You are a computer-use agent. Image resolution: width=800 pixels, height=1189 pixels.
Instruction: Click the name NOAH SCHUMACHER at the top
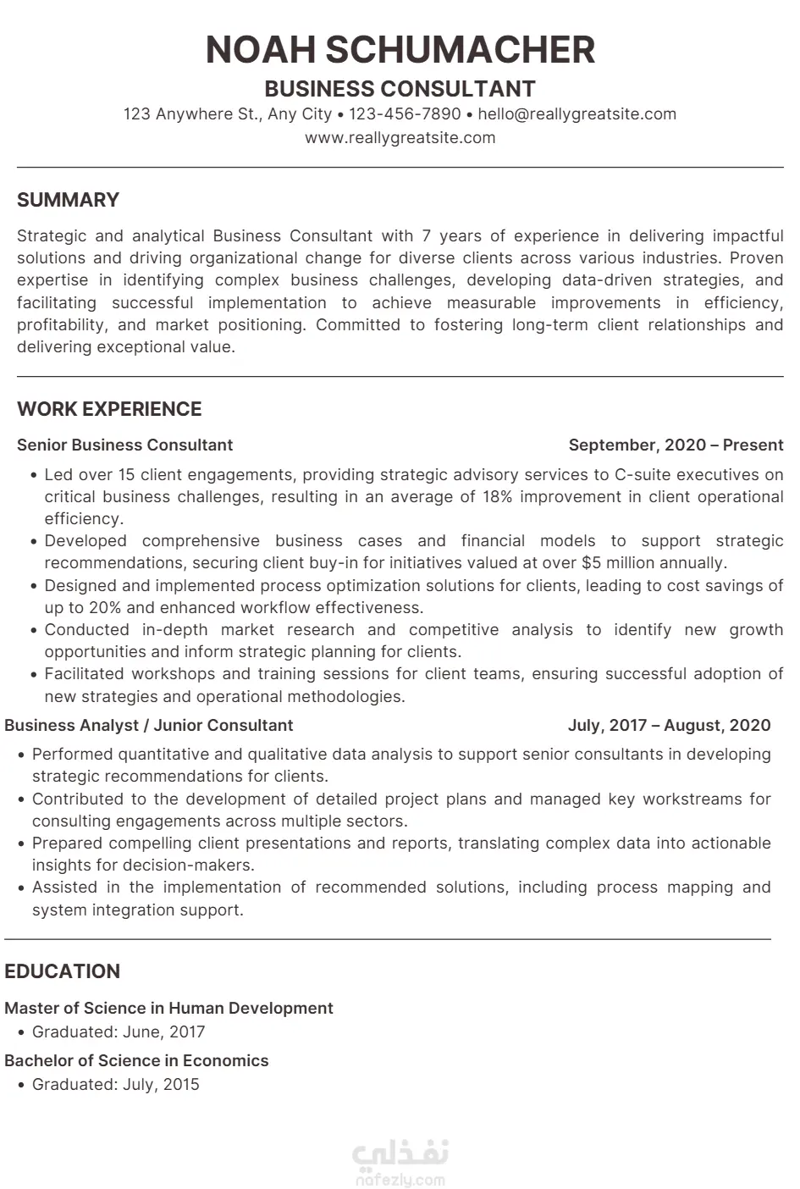(400, 50)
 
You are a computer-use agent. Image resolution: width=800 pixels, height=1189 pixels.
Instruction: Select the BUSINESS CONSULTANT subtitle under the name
(400, 89)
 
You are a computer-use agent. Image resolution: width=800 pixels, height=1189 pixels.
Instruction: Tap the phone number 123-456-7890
(405, 114)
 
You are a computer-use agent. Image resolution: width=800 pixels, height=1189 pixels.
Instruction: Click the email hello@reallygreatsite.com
(577, 114)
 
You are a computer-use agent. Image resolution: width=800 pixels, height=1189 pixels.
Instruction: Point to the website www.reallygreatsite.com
(400, 138)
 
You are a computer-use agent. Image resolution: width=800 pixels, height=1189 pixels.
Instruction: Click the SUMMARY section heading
(68, 200)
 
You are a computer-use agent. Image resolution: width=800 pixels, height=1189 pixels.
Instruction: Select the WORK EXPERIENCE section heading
(109, 409)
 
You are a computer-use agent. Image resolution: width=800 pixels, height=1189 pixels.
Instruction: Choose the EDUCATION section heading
(63, 971)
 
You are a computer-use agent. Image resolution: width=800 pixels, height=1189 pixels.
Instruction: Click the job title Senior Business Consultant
(124, 445)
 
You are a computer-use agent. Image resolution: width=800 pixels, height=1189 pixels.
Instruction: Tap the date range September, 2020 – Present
(676, 445)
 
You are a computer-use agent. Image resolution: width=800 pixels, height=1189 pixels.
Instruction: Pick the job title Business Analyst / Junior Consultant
(149, 726)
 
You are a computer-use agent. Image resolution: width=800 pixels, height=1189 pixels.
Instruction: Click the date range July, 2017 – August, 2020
(669, 726)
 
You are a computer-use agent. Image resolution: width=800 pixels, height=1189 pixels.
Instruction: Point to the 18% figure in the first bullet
(498, 497)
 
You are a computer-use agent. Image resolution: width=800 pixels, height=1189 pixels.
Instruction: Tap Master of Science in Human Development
(168, 1009)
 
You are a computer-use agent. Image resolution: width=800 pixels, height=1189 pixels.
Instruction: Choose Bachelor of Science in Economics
(136, 1061)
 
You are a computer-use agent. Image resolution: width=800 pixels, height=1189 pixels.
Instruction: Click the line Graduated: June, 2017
(119, 1032)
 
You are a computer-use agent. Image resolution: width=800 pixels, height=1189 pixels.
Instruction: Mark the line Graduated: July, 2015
(116, 1085)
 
